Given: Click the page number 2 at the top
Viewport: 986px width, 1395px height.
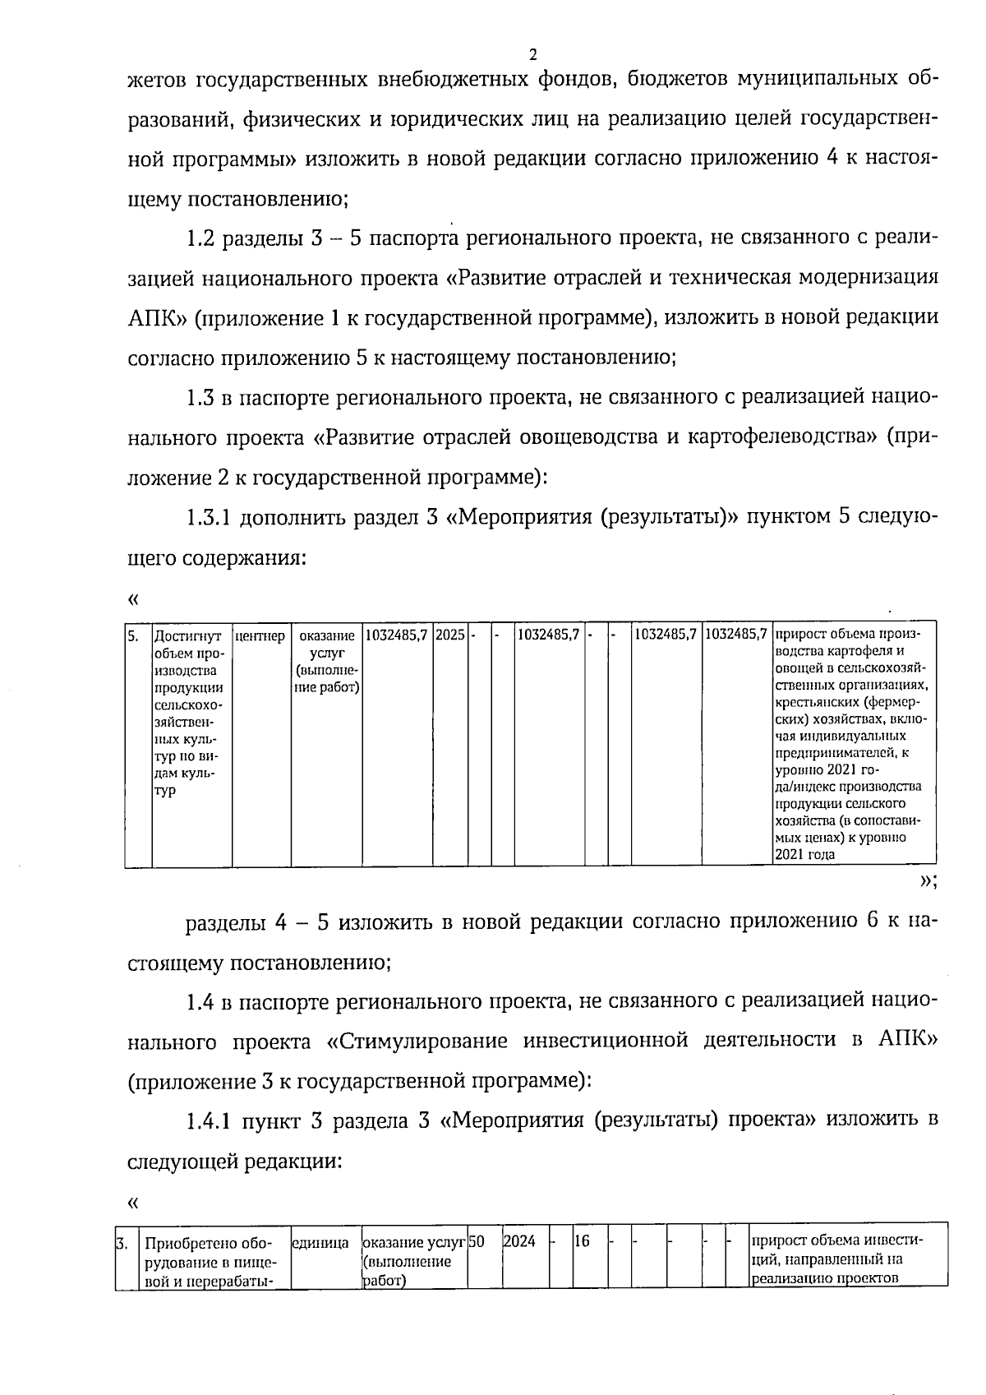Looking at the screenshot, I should [x=532, y=55].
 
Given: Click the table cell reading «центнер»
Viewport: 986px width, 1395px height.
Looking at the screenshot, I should [x=260, y=636].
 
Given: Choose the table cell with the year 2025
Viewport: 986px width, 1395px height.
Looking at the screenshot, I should [x=450, y=635].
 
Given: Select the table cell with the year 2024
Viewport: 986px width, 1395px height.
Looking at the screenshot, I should [x=519, y=1241].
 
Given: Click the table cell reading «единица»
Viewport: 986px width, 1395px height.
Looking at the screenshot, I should [x=320, y=1244].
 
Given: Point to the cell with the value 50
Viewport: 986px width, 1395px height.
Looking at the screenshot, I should [x=477, y=1241].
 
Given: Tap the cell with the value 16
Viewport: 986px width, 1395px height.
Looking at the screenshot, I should [x=582, y=1241].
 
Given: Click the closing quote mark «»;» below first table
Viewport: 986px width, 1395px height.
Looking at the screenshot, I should [x=928, y=882].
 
